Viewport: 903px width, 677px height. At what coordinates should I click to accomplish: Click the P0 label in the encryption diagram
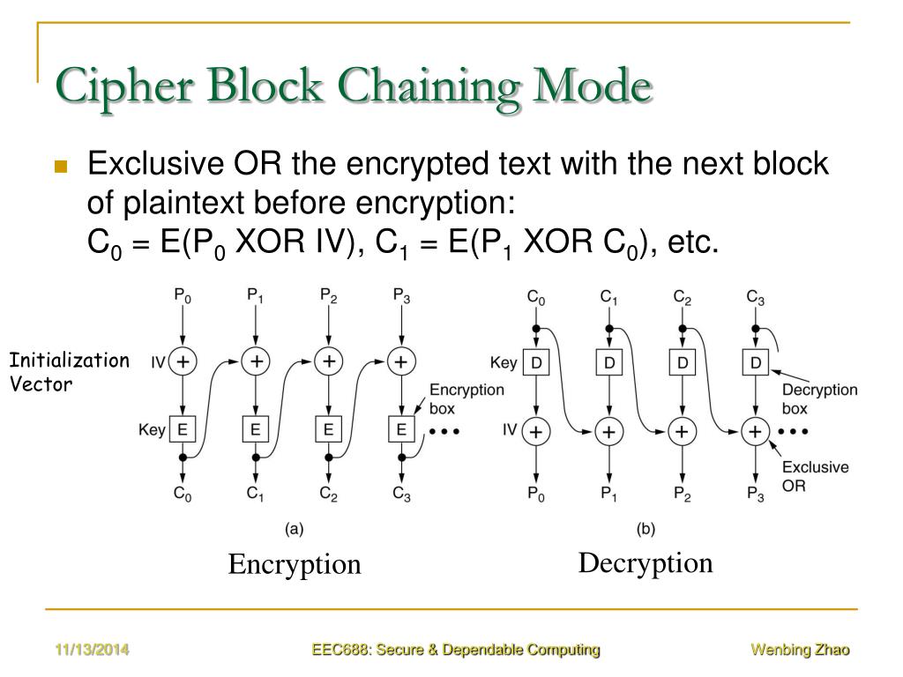click(183, 295)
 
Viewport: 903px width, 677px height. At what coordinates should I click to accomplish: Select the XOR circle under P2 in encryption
click(328, 360)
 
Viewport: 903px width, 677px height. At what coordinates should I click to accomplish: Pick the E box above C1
click(255, 430)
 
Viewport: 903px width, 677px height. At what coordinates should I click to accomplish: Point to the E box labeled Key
click(183, 430)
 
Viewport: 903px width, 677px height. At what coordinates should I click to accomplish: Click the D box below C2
click(682, 361)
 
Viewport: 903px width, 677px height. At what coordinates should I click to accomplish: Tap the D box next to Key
click(536, 361)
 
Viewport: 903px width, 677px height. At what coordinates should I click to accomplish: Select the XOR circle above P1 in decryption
click(608, 431)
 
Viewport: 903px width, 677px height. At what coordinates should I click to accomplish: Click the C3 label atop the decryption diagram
click(755, 297)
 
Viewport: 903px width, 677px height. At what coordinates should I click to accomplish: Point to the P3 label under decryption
click(755, 495)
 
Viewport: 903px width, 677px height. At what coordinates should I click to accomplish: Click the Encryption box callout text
click(466, 398)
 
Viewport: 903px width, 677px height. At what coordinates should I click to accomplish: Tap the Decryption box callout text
click(820, 398)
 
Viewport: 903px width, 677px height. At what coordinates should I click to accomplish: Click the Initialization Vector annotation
click(69, 372)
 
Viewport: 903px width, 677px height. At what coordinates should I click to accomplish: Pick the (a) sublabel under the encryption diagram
click(294, 529)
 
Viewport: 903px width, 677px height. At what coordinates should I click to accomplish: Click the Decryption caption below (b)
click(646, 562)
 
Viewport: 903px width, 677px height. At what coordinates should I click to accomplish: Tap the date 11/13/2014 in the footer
click(91, 651)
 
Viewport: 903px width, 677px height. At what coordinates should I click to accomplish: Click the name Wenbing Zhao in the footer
click(800, 651)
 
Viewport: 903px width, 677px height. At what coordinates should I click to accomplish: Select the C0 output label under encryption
click(183, 495)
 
